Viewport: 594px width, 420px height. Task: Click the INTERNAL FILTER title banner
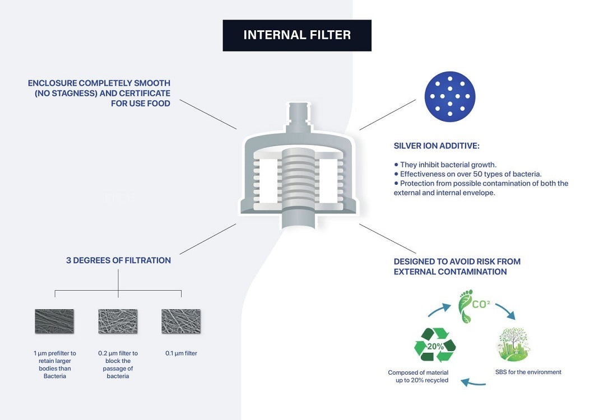(x=297, y=35)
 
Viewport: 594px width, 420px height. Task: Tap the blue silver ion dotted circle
(x=449, y=96)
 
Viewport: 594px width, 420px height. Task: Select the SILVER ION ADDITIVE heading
(x=437, y=146)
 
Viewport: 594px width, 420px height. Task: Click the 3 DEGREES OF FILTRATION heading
(x=118, y=260)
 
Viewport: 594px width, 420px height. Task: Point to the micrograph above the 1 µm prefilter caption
(x=54, y=321)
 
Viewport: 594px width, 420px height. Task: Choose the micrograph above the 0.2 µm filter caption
(x=118, y=321)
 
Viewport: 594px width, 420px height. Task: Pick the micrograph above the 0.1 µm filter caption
(x=181, y=321)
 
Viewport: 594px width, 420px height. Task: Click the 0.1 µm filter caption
(x=181, y=353)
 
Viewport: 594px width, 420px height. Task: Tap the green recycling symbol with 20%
(x=435, y=345)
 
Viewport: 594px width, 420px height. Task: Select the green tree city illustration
(x=513, y=344)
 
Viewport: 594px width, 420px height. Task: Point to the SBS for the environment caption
(x=528, y=372)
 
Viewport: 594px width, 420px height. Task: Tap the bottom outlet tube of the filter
(x=299, y=219)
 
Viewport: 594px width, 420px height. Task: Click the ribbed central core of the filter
(x=299, y=178)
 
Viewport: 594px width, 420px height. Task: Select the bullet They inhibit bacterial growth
(x=445, y=165)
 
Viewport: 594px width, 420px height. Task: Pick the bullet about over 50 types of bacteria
(x=468, y=174)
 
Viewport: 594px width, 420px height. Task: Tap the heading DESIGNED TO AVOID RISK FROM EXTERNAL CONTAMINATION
(x=457, y=266)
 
